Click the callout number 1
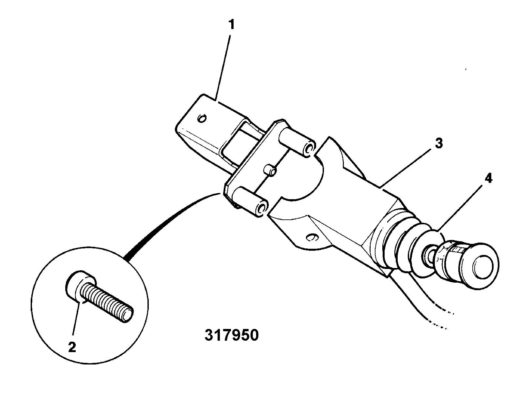[231, 25]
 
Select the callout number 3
[439, 144]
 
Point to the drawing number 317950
[232, 335]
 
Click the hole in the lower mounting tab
[312, 237]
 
